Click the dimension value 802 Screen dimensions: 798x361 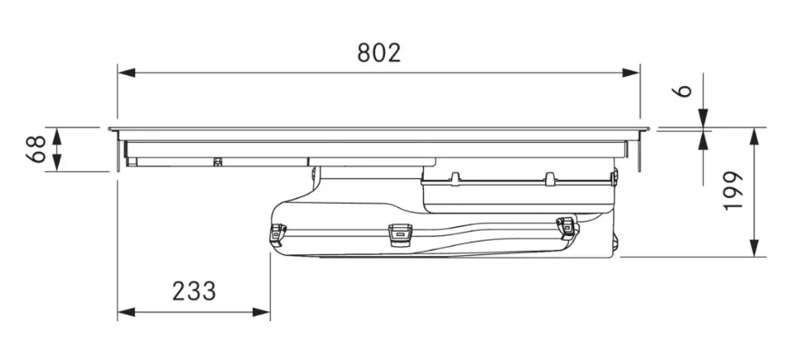point(380,52)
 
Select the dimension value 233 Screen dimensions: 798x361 point(194,291)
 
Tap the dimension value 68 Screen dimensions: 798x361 point(36,149)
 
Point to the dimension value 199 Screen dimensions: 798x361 point(734,191)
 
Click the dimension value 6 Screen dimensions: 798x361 point(685,90)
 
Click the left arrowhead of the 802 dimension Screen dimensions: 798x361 point(126,72)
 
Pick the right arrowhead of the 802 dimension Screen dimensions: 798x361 point(631,72)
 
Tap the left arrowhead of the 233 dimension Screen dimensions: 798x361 point(126,311)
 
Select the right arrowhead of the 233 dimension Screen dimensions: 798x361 point(261,311)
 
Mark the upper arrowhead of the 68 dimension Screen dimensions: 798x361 point(57,137)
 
